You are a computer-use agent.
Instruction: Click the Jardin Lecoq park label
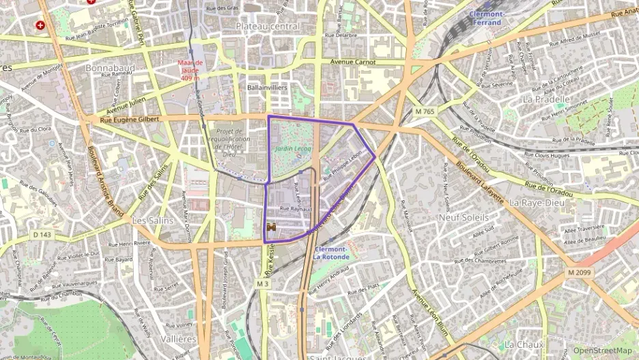[292, 148]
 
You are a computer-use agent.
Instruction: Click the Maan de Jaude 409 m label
[191, 70]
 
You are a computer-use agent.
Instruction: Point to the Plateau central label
[267, 26]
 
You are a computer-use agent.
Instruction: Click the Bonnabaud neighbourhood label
[110, 68]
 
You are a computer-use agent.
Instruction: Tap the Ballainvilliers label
[267, 88]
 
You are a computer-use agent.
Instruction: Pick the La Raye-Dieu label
[535, 202]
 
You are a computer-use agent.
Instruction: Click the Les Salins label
[150, 221]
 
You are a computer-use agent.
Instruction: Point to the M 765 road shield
[424, 111]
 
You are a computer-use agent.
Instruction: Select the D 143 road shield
[42, 235]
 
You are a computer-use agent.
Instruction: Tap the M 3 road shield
[263, 283]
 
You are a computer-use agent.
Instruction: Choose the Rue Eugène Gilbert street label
[130, 120]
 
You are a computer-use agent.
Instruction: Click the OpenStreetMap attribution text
[602, 351]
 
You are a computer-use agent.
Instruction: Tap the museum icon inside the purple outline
[272, 228]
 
